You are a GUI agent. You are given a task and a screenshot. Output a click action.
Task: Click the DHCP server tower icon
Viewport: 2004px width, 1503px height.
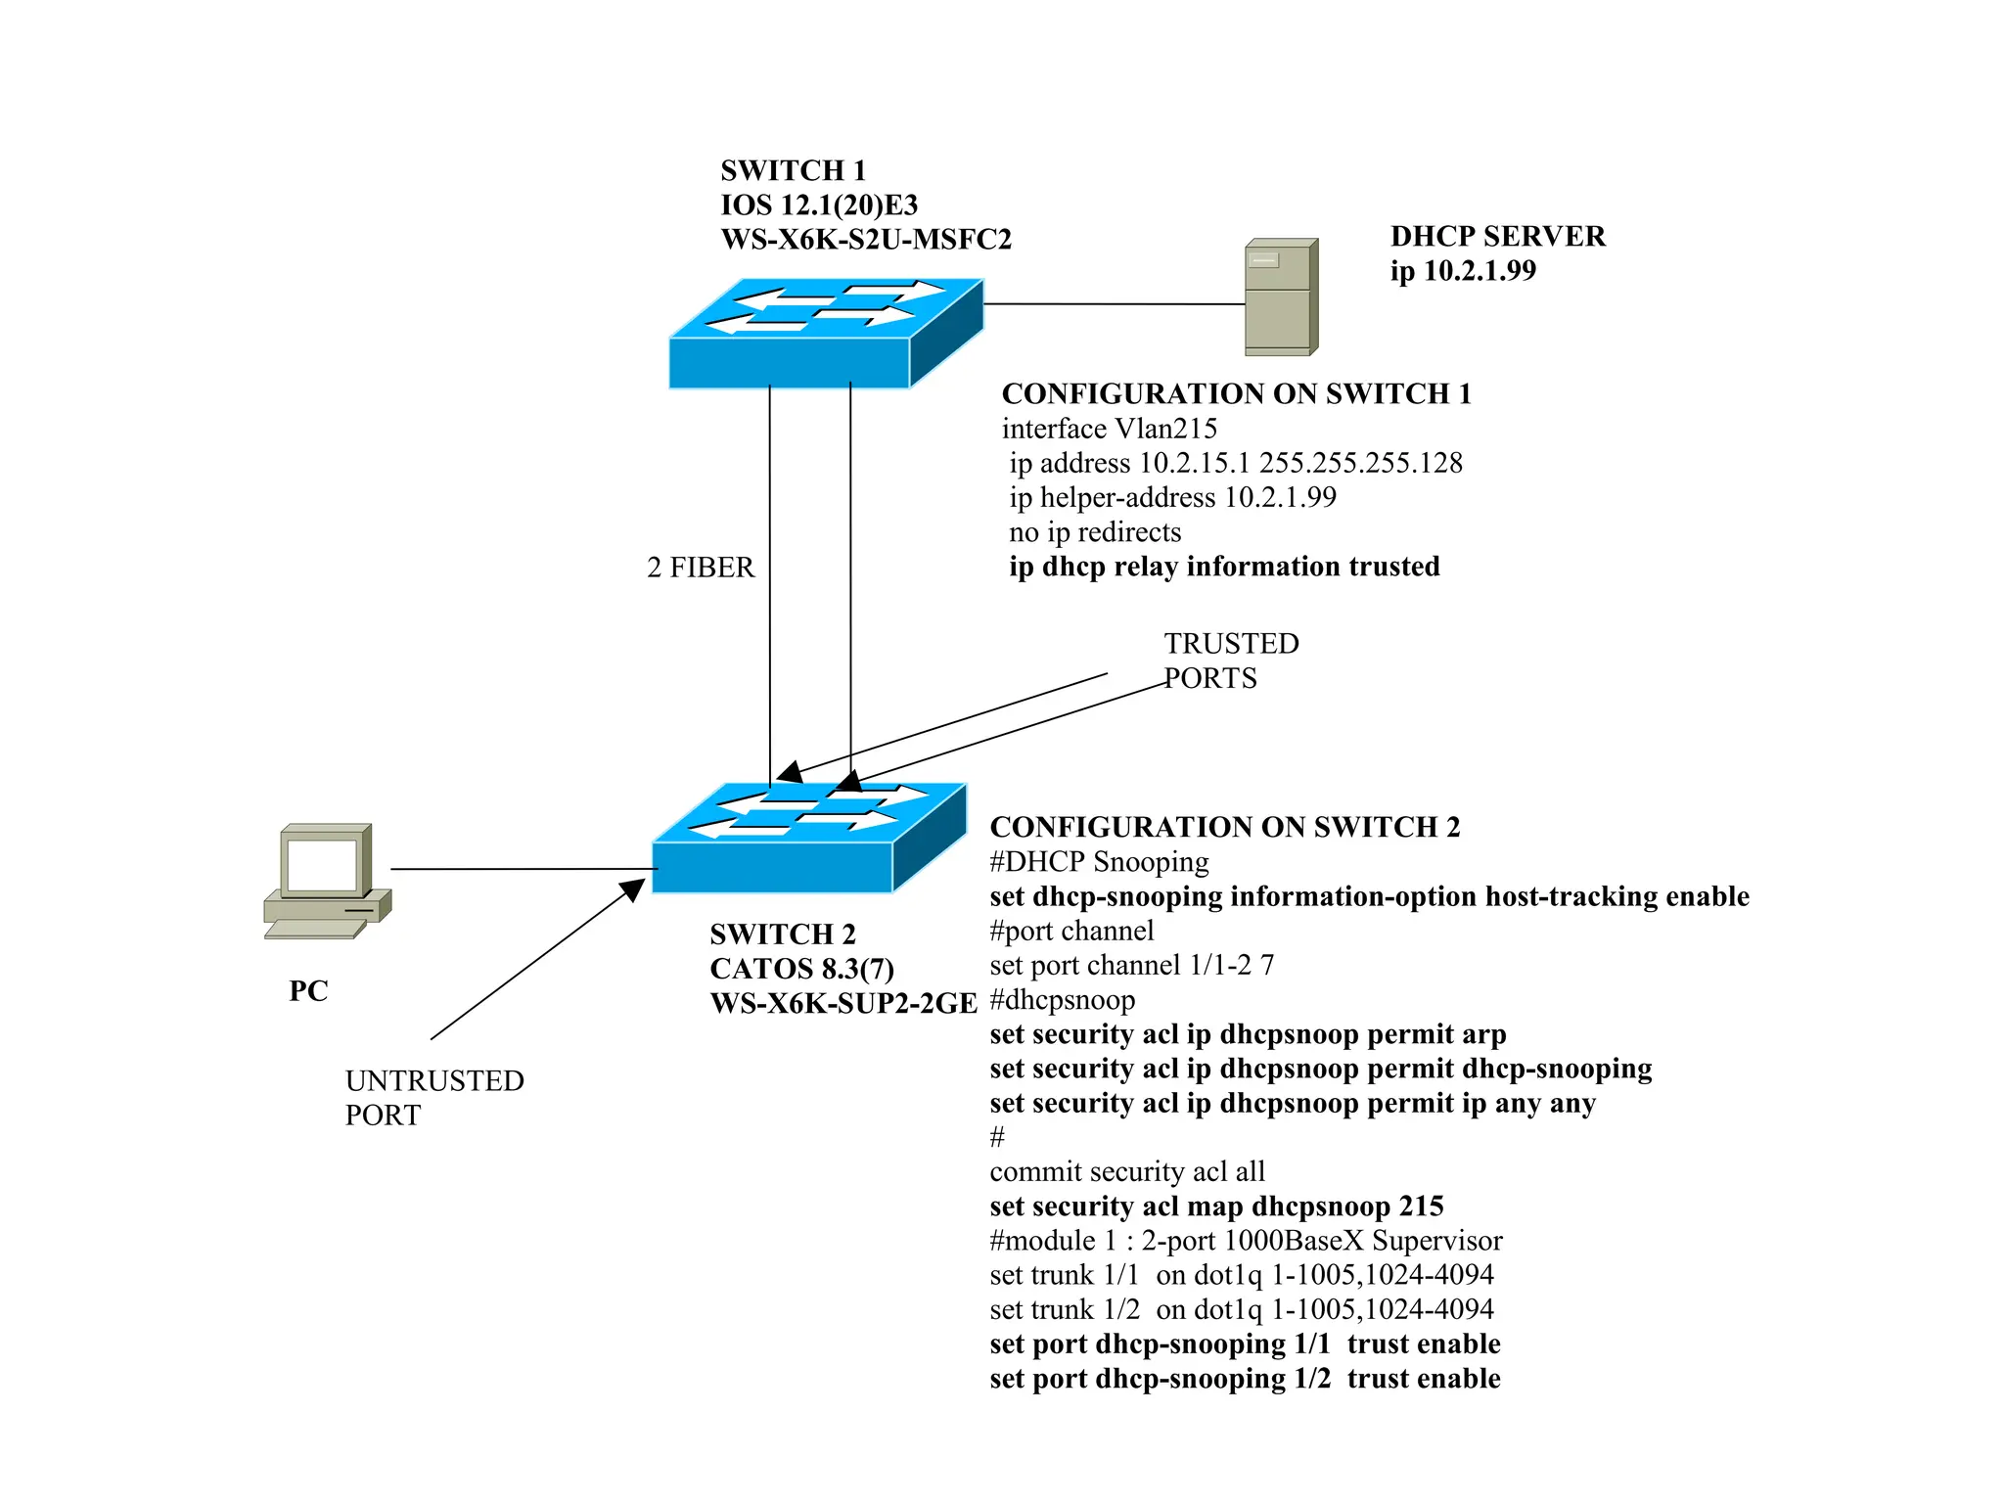pos(1281,297)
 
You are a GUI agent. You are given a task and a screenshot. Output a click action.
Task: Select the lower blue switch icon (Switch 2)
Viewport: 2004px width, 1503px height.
pos(808,839)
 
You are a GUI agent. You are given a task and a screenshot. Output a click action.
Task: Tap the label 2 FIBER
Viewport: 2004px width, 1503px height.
pos(701,568)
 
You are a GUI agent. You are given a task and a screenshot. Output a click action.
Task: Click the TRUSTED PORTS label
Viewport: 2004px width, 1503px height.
pos(1230,660)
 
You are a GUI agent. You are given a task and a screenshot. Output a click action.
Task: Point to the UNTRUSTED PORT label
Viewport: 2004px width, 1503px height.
pos(433,1098)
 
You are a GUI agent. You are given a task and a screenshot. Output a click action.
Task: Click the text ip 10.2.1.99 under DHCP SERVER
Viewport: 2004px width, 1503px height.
pos(1463,271)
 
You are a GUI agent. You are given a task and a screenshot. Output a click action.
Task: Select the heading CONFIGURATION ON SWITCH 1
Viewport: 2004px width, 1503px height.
pos(1236,393)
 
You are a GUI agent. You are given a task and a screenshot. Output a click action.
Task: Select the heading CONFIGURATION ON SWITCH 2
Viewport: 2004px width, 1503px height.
pos(1224,827)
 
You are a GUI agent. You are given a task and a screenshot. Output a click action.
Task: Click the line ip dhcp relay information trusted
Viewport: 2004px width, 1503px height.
pos(1224,567)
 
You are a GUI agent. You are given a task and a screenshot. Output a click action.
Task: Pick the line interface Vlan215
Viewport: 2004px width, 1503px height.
pos(1109,429)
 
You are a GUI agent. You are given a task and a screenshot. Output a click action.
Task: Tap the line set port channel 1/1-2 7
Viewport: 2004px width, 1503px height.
pos(1131,966)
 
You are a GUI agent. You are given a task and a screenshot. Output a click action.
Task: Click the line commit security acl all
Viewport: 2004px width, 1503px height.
pos(1127,1172)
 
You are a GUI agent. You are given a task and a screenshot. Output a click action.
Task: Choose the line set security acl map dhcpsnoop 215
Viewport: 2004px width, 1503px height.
pos(1216,1207)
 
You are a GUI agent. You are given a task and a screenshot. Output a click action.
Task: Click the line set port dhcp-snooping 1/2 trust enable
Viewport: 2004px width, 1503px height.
pos(1245,1379)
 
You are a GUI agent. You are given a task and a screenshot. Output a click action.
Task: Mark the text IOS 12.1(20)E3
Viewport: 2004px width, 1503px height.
pos(819,205)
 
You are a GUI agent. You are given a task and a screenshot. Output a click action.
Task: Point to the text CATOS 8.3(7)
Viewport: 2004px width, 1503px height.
pos(801,969)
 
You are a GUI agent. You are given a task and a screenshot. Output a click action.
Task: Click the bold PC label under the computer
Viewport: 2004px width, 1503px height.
pos(308,991)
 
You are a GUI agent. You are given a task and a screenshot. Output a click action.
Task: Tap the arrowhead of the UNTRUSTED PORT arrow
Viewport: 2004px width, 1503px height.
pos(634,888)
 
